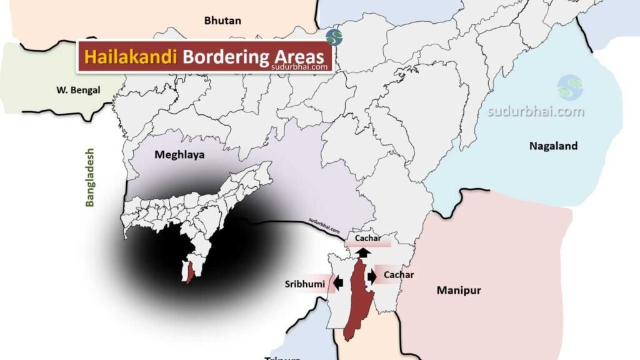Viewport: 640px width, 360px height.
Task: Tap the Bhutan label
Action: tap(222, 21)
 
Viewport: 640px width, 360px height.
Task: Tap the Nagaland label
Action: tap(553, 146)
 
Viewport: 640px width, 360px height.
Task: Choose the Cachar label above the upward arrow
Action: tap(367, 239)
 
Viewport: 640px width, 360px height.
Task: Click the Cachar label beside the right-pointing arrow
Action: tap(399, 274)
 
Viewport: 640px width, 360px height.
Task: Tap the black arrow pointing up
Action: tap(362, 252)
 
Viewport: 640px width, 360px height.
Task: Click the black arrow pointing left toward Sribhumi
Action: tap(338, 282)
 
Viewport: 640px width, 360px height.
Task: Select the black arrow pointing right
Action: tap(372, 276)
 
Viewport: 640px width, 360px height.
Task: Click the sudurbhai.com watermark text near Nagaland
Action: tap(536, 112)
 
